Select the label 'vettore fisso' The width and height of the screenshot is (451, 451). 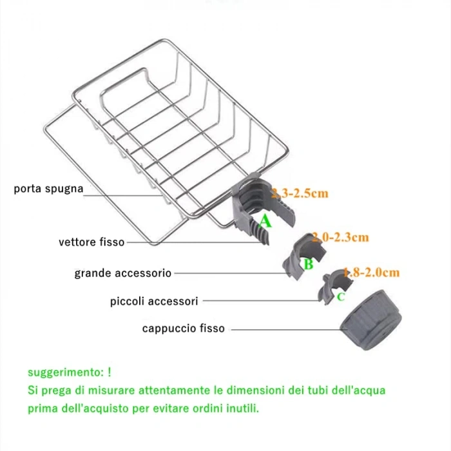click(x=91, y=243)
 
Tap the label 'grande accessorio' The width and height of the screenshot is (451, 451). click(x=123, y=273)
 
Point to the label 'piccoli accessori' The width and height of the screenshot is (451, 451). click(x=154, y=301)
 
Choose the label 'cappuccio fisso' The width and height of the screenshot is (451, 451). click(x=184, y=329)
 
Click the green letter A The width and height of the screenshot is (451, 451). click(x=266, y=222)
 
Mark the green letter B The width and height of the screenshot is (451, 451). click(x=309, y=264)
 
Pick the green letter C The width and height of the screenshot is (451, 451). click(x=341, y=296)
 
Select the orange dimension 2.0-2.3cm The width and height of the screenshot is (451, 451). click(x=340, y=238)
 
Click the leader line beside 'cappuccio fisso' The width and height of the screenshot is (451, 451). click(x=283, y=329)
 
